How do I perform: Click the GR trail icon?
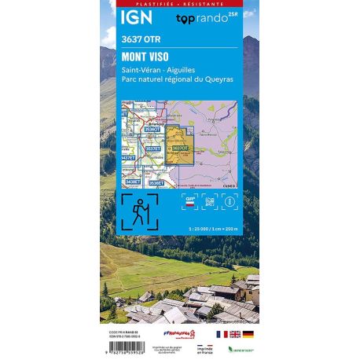[x=189, y=200]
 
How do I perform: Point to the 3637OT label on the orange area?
[x=180, y=147]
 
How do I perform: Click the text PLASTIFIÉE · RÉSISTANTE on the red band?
[x=179, y=3]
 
